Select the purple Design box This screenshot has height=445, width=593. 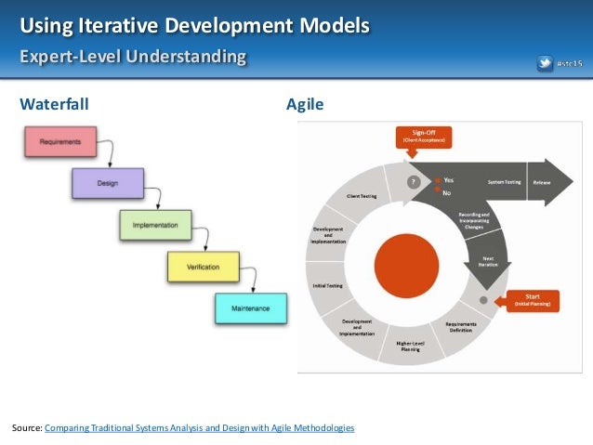click(x=108, y=183)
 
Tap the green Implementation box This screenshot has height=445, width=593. click(x=155, y=225)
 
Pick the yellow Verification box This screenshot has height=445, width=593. click(x=203, y=267)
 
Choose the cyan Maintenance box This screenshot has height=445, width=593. click(x=250, y=308)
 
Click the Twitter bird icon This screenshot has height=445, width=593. click(x=547, y=64)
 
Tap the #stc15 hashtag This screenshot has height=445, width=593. click(x=570, y=64)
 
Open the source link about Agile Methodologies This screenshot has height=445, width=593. click(x=199, y=427)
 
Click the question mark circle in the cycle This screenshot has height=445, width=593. click(x=412, y=182)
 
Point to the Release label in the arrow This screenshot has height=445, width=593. click(x=542, y=183)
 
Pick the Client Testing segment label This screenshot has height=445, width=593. click(x=362, y=197)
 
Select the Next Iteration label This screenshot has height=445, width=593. click(x=487, y=262)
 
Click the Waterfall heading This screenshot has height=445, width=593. click(x=55, y=105)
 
